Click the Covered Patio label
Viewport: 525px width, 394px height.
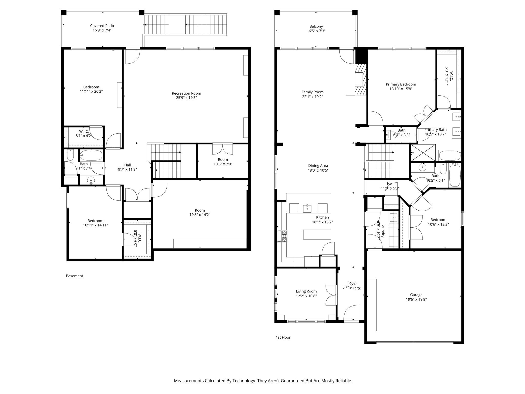(102, 26)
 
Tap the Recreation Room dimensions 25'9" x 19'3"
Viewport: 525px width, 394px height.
(186, 98)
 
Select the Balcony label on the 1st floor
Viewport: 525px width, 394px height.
(316, 26)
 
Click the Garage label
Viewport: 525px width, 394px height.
(416, 295)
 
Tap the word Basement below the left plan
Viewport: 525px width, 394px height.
(74, 276)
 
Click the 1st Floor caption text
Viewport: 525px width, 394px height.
(283, 337)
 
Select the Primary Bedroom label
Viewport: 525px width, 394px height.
(401, 84)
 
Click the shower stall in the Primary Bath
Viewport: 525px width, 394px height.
(423, 153)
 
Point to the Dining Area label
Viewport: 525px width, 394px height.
(318, 166)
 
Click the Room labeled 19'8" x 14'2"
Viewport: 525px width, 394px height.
(200, 213)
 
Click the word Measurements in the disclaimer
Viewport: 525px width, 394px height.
(188, 381)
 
